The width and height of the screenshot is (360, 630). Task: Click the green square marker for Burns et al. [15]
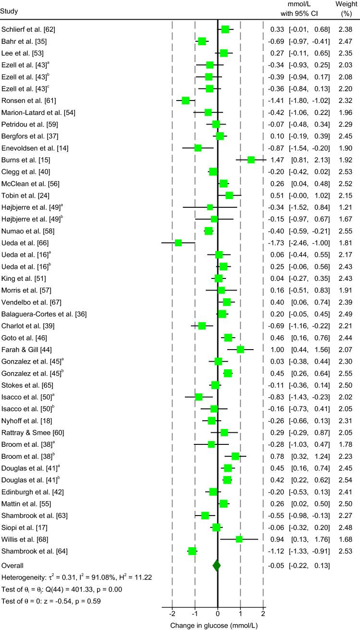point(251,160)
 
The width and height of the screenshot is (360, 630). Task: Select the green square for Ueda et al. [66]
point(178,243)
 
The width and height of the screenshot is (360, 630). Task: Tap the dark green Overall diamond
point(217,566)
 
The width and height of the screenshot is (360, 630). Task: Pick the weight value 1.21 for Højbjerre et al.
point(346,207)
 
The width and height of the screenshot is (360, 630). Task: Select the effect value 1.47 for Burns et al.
point(278,160)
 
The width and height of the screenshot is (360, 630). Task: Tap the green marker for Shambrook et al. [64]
point(192,551)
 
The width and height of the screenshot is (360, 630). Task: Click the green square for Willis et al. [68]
point(239,539)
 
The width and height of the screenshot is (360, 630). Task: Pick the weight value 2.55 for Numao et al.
point(346,231)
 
